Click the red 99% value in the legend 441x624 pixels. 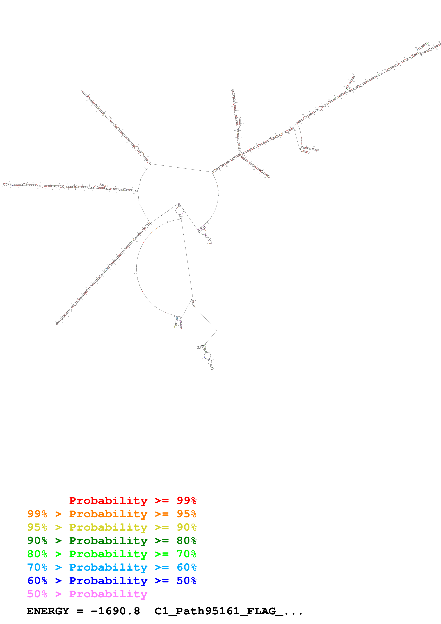[x=186, y=500]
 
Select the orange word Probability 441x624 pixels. [x=108, y=514]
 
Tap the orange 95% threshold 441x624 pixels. [x=186, y=514]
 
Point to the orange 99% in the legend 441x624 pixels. [x=37, y=514]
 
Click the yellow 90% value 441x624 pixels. [x=186, y=527]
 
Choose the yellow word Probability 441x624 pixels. [x=108, y=527]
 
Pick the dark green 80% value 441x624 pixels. [x=186, y=541]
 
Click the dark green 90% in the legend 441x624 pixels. [x=37, y=541]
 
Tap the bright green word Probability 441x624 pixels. [x=108, y=554]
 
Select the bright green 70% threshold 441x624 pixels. [x=186, y=554]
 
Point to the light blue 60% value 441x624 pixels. [x=186, y=567]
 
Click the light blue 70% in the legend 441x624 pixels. [x=37, y=567]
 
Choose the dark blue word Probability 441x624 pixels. [x=108, y=581]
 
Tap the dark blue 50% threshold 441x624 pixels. [x=186, y=581]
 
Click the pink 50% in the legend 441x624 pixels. [x=37, y=594]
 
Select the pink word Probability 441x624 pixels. [x=108, y=594]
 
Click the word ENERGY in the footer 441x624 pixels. [x=48, y=611]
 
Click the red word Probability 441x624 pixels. [x=108, y=500]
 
